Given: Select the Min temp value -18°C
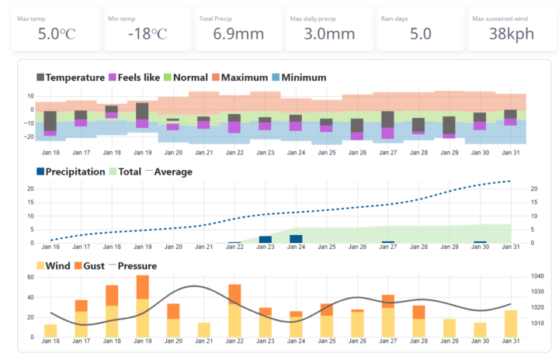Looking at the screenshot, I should click(x=146, y=33).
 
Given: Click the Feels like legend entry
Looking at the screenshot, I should click(x=136, y=78).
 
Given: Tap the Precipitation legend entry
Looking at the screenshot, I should click(x=70, y=171).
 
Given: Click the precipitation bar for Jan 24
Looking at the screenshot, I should click(x=295, y=239).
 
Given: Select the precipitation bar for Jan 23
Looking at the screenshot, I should click(x=265, y=240).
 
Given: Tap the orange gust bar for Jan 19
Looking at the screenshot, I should click(x=142, y=287).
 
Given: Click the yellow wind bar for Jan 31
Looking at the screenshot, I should click(x=510, y=324).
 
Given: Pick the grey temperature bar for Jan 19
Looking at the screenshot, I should click(x=142, y=111).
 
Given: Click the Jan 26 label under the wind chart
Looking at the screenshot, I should click(x=357, y=341).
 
